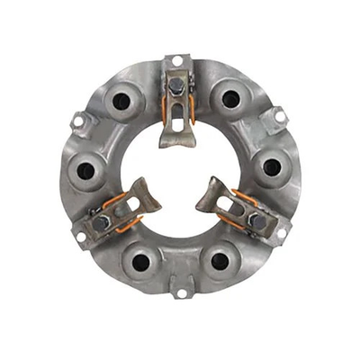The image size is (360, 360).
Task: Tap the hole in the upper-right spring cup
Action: coord(231,99)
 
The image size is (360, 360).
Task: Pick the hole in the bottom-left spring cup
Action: coord(140,262)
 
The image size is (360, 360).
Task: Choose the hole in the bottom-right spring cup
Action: coord(217,262)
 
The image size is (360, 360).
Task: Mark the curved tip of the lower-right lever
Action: coord(209,191)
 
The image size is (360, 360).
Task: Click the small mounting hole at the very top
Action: coord(178,60)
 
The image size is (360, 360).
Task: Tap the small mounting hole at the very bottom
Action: coord(179,292)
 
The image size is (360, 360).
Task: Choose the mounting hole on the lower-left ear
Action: coord(80,236)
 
